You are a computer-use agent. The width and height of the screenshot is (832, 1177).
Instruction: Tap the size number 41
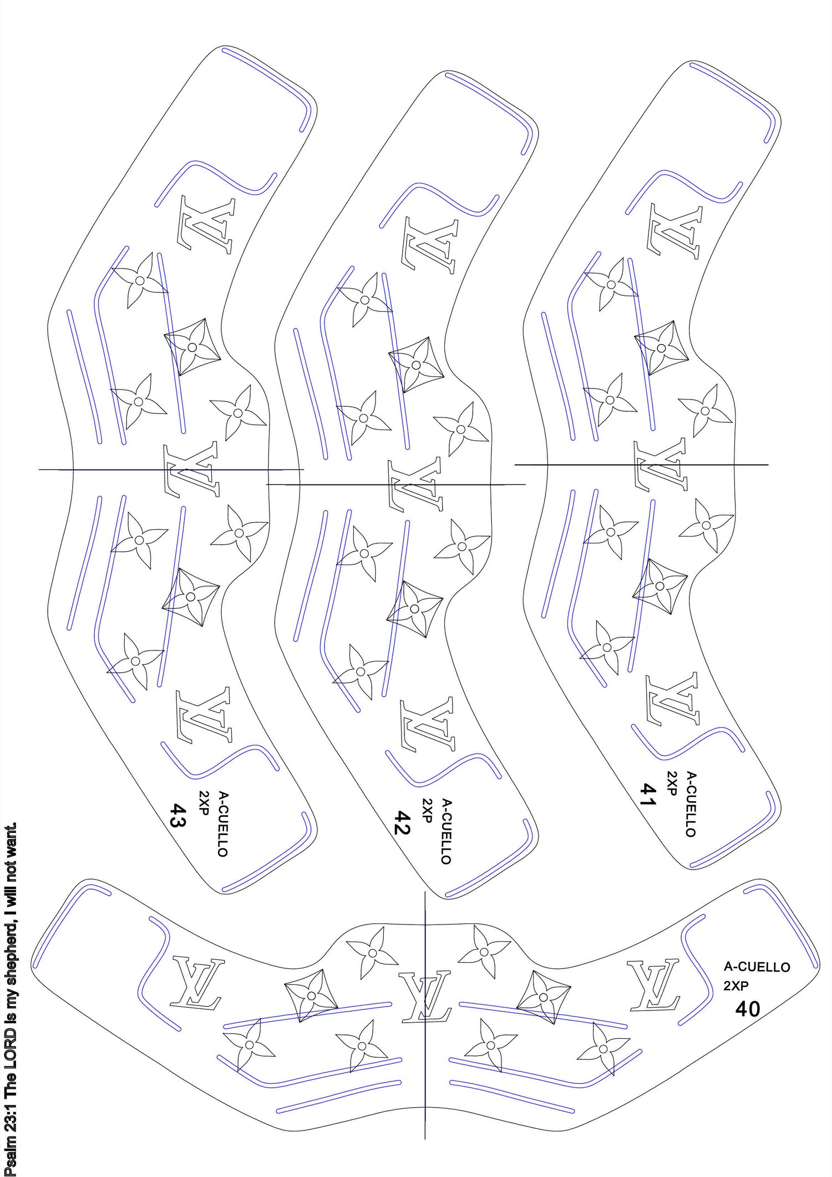click(648, 795)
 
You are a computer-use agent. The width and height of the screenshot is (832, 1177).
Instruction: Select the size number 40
click(748, 1009)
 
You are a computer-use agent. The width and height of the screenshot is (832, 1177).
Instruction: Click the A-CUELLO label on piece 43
click(222, 824)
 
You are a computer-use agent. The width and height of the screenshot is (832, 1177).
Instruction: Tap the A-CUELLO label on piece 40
click(757, 967)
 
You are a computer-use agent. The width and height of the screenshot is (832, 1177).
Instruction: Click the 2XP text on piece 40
click(736, 986)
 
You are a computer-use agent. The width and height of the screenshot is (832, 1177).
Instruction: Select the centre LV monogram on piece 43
click(191, 469)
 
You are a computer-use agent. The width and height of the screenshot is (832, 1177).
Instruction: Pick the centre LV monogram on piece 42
click(417, 484)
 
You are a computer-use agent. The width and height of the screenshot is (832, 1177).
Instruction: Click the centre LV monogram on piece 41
click(660, 464)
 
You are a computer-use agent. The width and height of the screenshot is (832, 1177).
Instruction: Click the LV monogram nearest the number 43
click(204, 716)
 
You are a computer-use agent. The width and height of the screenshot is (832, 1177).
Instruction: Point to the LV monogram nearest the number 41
click(672, 699)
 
